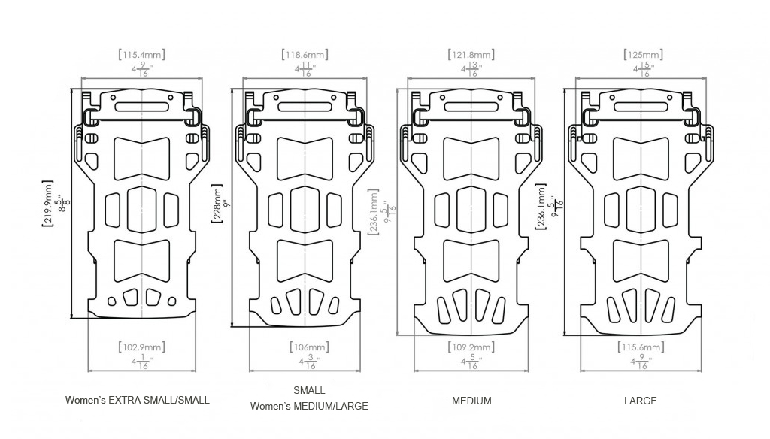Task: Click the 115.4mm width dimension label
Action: (x=142, y=55)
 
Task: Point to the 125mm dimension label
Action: (x=643, y=55)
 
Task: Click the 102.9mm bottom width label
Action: (x=142, y=347)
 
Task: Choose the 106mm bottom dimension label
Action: (x=309, y=347)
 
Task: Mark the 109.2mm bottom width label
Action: (x=472, y=347)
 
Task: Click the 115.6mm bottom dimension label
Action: (x=643, y=347)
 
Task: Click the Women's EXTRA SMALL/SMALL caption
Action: (x=138, y=400)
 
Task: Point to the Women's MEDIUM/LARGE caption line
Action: (x=309, y=406)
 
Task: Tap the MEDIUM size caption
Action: (x=471, y=401)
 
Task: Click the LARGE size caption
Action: (x=641, y=401)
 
